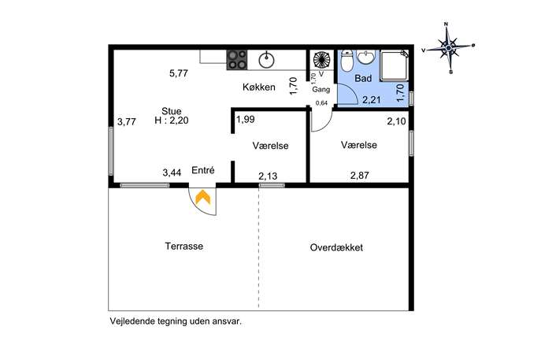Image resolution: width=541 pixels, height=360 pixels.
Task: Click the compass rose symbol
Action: (448, 48)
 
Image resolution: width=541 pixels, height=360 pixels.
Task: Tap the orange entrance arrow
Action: (202, 198)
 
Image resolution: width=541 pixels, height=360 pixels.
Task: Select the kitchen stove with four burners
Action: (237, 60)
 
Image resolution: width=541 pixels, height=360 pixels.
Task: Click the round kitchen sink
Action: (266, 60)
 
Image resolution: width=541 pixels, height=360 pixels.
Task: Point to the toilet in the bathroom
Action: (346, 61)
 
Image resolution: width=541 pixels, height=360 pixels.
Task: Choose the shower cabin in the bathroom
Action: (394, 65)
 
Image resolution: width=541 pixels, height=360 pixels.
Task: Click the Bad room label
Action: (363, 78)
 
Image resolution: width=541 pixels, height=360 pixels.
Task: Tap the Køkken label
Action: (259, 87)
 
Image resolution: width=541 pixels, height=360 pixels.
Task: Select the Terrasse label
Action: (184, 246)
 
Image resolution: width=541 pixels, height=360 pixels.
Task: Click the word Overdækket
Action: (336, 247)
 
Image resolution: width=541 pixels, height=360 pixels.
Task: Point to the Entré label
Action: (203, 170)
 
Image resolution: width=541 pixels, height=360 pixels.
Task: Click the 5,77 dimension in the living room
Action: (179, 73)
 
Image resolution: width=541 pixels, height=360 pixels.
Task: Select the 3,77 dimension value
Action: (126, 122)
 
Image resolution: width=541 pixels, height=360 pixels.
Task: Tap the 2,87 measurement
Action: (360, 176)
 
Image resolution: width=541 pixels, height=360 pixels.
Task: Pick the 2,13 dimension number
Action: (268, 176)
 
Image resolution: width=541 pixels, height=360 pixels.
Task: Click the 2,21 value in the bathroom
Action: (371, 100)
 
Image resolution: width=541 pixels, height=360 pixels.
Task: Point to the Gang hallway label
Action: (321, 89)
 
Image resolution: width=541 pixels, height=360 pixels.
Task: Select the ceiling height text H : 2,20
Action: (172, 121)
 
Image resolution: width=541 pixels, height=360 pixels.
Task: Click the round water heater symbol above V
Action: (321, 59)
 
